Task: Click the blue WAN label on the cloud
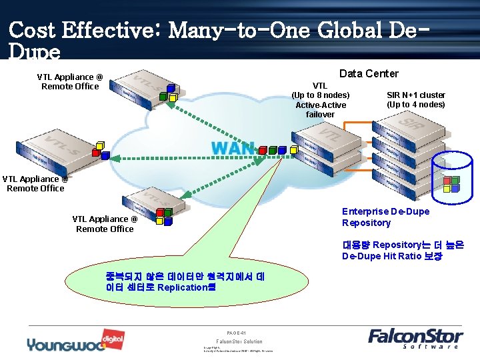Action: click(x=233, y=147)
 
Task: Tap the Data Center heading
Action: click(x=369, y=73)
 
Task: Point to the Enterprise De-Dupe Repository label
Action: click(x=385, y=217)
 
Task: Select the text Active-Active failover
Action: click(x=320, y=109)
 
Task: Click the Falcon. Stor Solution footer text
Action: click(x=239, y=341)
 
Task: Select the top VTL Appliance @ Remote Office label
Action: click(x=69, y=81)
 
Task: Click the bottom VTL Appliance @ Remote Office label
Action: click(x=105, y=223)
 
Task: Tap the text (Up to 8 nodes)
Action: click(x=320, y=95)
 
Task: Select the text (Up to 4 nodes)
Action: click(x=415, y=105)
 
